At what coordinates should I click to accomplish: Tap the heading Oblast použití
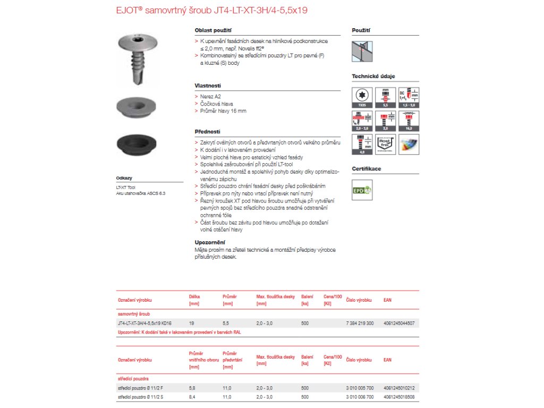pyautogui.click(x=213, y=31)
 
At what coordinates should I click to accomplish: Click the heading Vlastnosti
pyautogui.click(x=208, y=86)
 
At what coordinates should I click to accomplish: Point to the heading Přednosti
pyautogui.click(x=207, y=131)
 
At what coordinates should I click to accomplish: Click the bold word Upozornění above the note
pyautogui.click(x=210, y=242)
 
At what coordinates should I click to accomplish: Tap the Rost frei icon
pyautogui.click(x=386, y=144)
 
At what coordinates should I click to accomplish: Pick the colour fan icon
pyautogui.click(x=409, y=144)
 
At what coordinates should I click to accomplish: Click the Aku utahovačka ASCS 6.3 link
pyautogui.click(x=141, y=193)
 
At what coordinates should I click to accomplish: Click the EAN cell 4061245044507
pyautogui.click(x=399, y=323)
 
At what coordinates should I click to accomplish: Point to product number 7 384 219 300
pyautogui.click(x=360, y=323)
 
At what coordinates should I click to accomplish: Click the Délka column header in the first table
pyautogui.click(x=194, y=297)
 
